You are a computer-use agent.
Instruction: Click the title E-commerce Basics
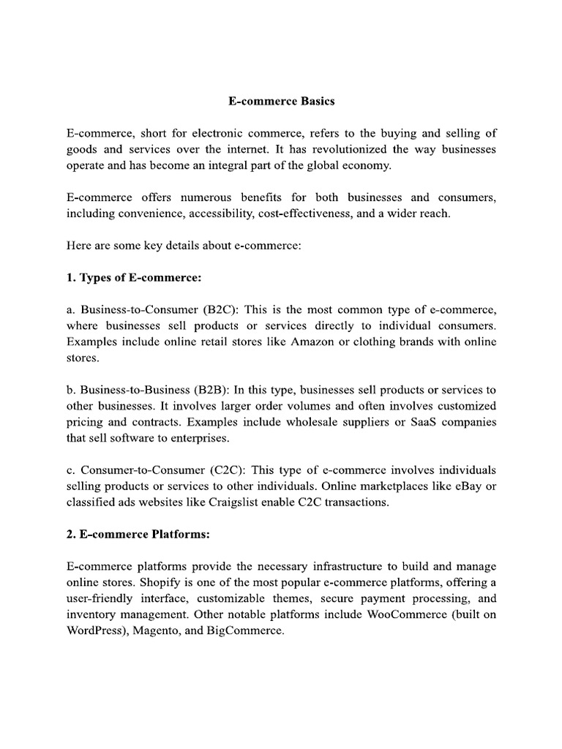281,102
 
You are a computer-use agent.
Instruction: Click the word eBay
468,486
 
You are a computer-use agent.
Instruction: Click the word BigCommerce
245,631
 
